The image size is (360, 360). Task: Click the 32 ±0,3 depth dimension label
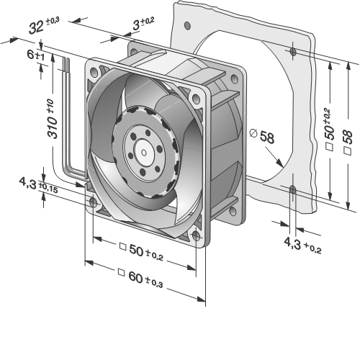tap(44, 25)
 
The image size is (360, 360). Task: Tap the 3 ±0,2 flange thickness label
tap(143, 24)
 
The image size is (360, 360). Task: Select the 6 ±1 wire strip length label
tap(36, 55)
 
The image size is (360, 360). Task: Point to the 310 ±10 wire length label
tap(53, 119)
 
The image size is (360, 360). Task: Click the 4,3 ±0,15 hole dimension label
tap(38, 186)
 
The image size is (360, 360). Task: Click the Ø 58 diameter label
tap(262, 136)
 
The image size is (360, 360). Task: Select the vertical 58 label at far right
tap(348, 142)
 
